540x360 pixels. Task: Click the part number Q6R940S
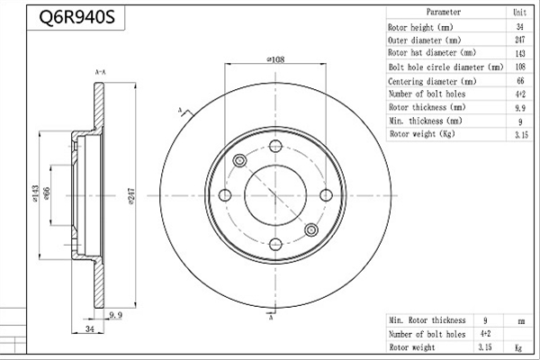[x=76, y=17]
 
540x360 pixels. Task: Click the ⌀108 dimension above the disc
[x=275, y=59]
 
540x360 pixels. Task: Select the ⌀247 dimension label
[x=131, y=196]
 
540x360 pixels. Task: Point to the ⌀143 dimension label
[x=35, y=193]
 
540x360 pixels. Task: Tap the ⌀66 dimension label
[x=47, y=193]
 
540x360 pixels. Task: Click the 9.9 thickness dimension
[x=116, y=315]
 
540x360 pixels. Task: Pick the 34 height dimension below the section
[x=89, y=328]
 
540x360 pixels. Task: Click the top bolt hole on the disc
[x=275, y=146]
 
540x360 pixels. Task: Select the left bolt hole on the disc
[x=225, y=195]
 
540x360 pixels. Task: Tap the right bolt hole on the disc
[x=326, y=195]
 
